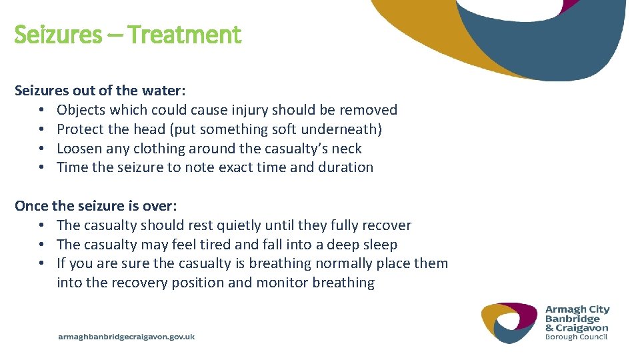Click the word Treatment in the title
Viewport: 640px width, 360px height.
(184, 34)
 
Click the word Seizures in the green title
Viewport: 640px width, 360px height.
(57, 34)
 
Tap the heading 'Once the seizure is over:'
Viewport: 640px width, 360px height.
(95, 206)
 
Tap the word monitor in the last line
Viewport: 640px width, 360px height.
(281, 283)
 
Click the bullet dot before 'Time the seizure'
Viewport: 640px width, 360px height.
(41, 168)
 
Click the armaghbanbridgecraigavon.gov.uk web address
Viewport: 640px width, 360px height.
(127, 337)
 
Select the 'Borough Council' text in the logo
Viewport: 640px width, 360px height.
(577, 337)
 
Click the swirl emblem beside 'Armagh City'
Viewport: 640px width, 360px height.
(509, 323)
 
